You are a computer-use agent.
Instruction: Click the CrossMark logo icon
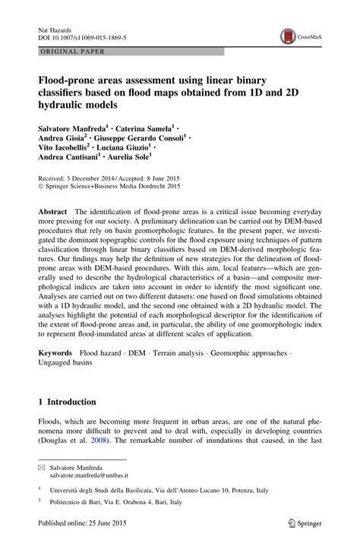[287, 35]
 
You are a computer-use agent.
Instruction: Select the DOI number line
[82, 36]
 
